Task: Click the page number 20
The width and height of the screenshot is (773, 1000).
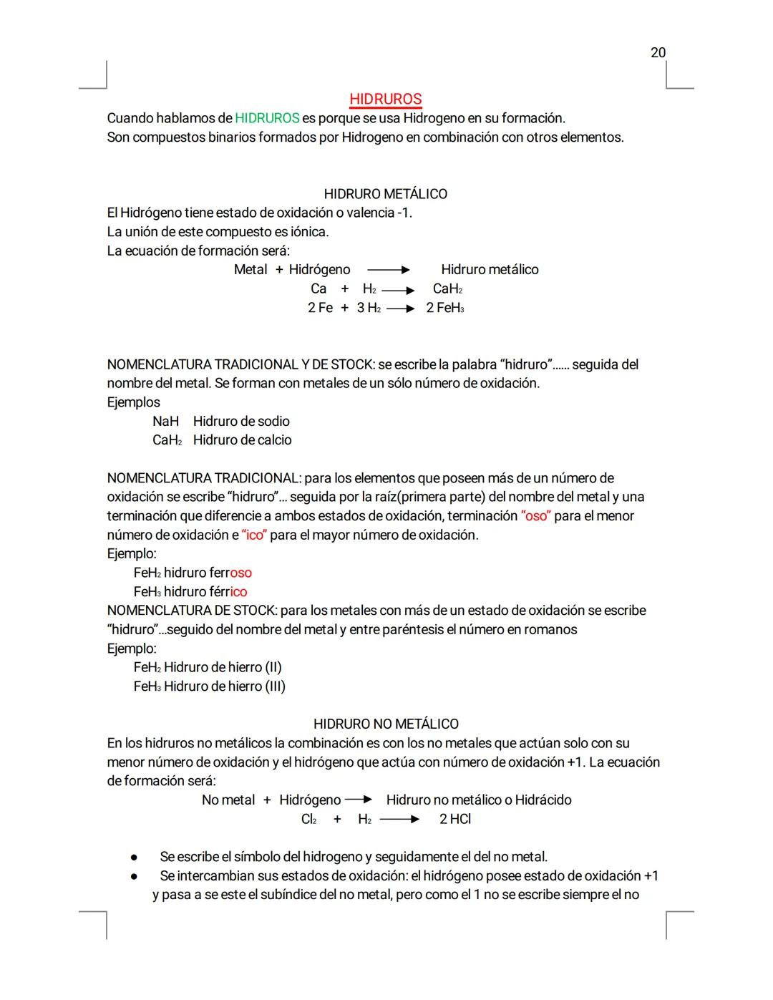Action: coord(658,52)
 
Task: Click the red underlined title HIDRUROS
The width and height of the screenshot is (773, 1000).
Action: coord(385,99)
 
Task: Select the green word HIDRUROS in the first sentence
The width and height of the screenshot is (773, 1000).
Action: coord(267,118)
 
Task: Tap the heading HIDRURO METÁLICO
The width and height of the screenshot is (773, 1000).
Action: coord(385,194)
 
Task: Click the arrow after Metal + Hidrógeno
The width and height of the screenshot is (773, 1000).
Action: coord(389,270)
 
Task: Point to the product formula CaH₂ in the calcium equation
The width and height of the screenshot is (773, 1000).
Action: coord(447,288)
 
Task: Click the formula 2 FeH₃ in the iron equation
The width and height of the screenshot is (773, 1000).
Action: coord(444,308)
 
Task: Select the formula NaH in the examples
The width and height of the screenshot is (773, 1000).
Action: coord(165,422)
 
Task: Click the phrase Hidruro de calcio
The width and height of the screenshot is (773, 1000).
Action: coord(242,440)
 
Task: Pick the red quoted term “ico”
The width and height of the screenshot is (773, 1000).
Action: coord(254,535)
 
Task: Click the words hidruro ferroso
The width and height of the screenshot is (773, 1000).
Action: coord(208,573)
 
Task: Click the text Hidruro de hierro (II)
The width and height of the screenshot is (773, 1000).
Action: coord(223,667)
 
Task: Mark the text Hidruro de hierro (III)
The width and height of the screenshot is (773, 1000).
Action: coord(224,686)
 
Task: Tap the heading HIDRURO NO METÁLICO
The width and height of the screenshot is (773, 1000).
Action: coord(386,724)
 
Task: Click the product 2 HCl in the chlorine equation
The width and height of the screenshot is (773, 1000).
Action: coord(455,819)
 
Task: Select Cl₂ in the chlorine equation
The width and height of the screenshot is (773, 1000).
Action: coord(308,819)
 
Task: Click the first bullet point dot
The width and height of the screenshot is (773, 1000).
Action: coord(133,858)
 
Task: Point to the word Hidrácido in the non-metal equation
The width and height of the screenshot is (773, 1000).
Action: coord(543,800)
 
